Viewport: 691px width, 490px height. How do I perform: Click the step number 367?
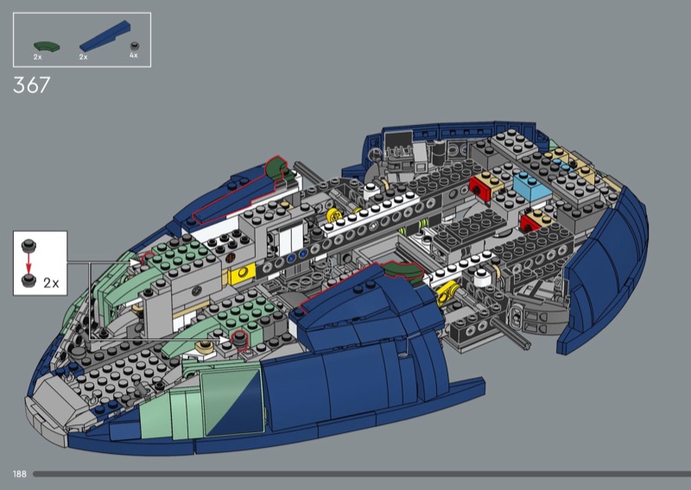pyautogui.click(x=32, y=85)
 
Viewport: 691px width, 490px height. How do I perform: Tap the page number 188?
pyautogui.click(x=20, y=474)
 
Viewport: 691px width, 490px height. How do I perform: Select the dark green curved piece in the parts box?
pyautogui.click(x=47, y=47)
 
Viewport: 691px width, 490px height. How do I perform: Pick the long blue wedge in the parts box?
pyautogui.click(x=105, y=35)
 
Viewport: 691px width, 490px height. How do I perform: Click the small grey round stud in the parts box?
pyautogui.click(x=136, y=46)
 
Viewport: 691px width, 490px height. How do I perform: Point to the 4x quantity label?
pyautogui.click(x=134, y=55)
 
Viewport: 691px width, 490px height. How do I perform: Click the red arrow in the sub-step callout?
pyautogui.click(x=29, y=263)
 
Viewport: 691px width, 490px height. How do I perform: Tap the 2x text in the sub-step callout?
pyautogui.click(x=51, y=283)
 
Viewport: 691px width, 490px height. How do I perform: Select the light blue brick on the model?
pyautogui.click(x=531, y=186)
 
